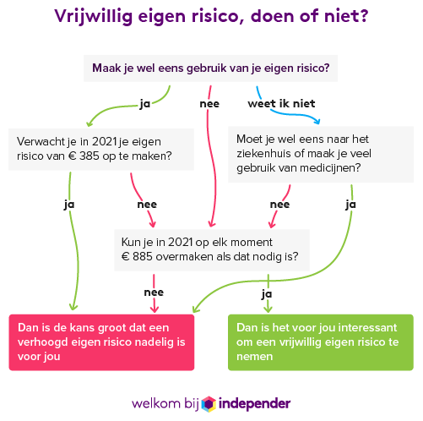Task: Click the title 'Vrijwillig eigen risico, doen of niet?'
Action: pos(211,16)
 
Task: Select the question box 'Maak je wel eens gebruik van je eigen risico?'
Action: pos(210,68)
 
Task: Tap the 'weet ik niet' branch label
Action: pos(281,104)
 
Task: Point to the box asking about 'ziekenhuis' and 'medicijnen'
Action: pos(321,154)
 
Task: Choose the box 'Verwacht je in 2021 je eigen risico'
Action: pos(101,150)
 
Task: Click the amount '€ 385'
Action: pos(84,156)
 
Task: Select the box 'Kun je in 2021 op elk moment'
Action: pos(212,250)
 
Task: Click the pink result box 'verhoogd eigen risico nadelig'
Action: pos(101,342)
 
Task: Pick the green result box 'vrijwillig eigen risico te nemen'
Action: pos(321,342)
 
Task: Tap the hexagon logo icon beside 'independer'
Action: pos(209,404)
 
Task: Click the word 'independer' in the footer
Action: pos(254,404)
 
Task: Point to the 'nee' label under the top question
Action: pos(209,104)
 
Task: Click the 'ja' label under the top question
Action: pos(145,104)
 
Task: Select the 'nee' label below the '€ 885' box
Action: pos(154,293)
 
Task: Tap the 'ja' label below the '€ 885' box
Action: pos(267,294)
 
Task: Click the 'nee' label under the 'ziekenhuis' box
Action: pos(279,205)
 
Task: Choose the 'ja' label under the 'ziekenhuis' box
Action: pos(350,205)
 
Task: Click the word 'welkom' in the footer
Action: pos(156,404)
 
